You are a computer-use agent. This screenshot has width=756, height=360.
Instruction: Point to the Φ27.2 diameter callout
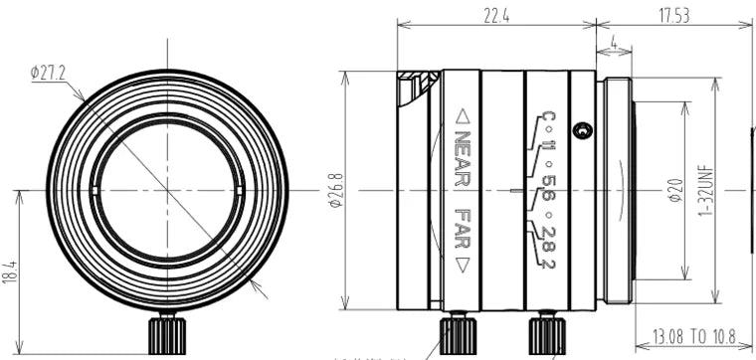click(x=48, y=73)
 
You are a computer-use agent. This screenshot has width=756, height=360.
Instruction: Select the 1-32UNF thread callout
click(x=707, y=189)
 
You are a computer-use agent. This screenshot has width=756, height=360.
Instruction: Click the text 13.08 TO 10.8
click(x=693, y=338)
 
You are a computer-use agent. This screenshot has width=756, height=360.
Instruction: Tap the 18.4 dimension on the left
click(x=9, y=270)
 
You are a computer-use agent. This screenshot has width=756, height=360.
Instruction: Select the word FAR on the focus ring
click(x=462, y=230)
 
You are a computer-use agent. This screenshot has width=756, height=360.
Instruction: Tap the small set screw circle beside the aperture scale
click(x=586, y=130)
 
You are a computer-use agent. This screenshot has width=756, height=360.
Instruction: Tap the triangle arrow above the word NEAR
click(x=462, y=115)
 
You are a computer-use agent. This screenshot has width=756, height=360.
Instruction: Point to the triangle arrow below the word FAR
click(x=462, y=265)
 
